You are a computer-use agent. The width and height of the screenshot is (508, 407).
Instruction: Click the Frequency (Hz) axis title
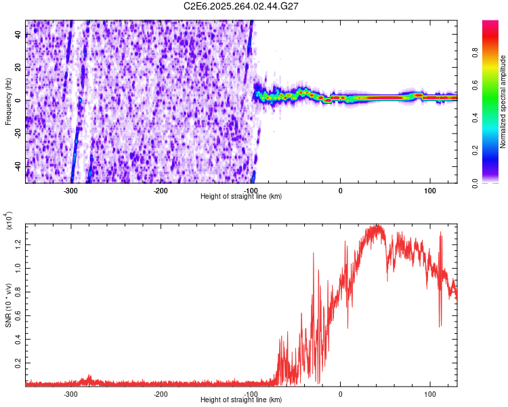[8, 101]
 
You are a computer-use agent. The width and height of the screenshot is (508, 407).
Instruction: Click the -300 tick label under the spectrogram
[70, 190]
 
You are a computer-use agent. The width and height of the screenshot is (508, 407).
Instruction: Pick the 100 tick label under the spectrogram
[429, 190]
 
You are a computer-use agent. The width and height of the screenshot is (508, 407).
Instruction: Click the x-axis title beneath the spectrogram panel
[241, 196]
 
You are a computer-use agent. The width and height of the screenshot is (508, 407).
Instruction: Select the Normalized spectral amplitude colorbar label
[503, 102]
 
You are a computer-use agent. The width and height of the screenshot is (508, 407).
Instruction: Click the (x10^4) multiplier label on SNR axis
[9, 220]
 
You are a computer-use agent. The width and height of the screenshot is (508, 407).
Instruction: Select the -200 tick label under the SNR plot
[161, 393]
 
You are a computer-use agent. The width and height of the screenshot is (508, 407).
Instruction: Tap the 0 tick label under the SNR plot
[341, 393]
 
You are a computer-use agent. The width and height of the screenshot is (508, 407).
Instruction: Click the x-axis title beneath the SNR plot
[241, 400]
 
